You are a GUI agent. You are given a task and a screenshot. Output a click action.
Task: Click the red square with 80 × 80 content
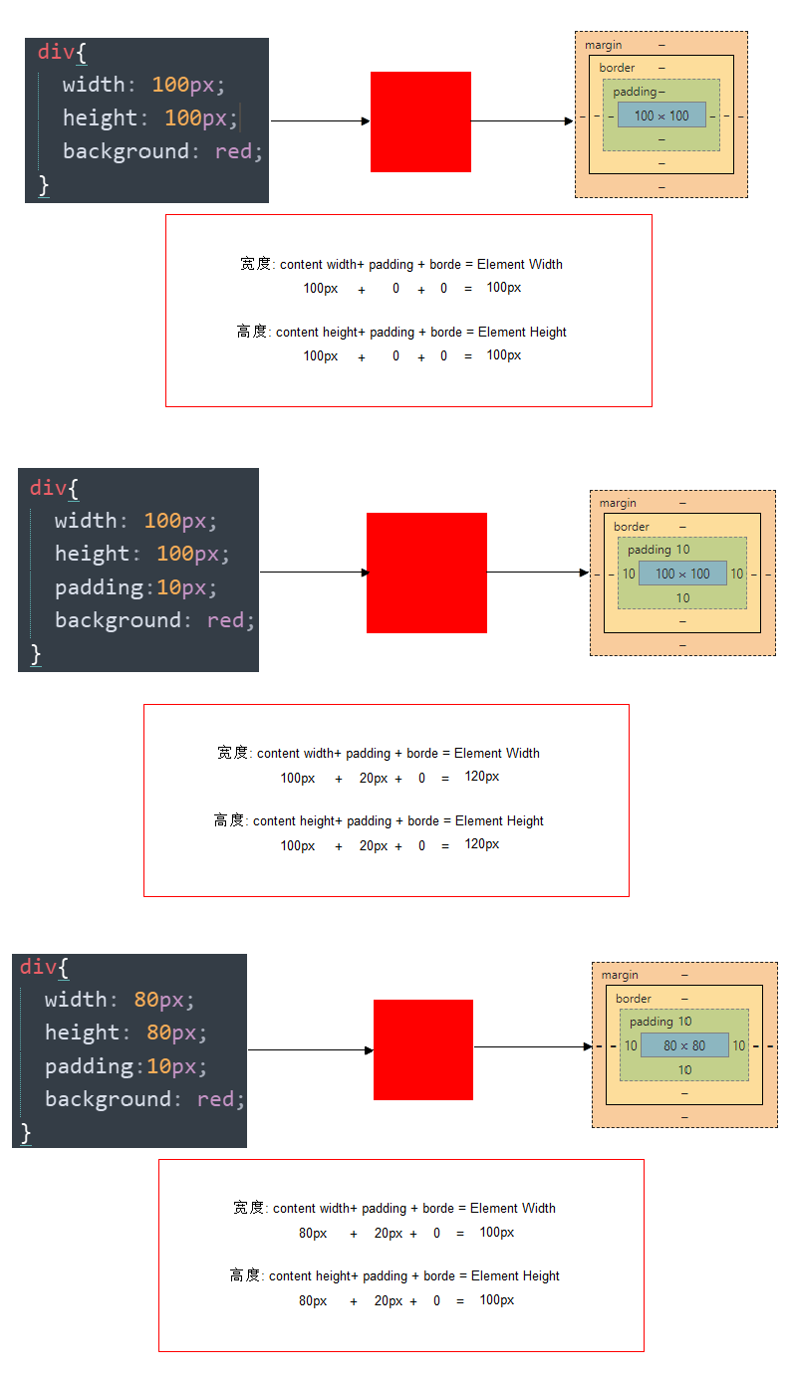click(422, 1049)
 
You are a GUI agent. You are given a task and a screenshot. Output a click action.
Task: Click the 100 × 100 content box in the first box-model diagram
click(661, 115)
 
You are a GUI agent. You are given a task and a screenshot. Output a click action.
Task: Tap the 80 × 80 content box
click(684, 1045)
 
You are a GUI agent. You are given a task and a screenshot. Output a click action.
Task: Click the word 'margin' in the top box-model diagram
click(603, 45)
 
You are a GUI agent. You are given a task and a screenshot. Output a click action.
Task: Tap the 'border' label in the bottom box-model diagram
click(633, 999)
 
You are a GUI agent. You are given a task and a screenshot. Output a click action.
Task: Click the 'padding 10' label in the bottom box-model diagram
click(660, 1022)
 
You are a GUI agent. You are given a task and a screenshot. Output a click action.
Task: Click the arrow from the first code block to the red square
click(320, 121)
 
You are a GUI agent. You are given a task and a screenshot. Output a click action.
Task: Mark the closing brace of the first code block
click(44, 185)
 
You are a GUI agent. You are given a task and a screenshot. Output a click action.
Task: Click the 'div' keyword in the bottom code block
click(38, 967)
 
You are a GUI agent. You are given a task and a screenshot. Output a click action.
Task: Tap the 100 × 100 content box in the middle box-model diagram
click(682, 574)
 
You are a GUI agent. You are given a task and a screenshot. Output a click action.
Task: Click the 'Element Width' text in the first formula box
click(519, 265)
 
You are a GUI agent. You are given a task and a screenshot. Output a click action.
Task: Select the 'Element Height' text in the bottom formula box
click(515, 1276)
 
